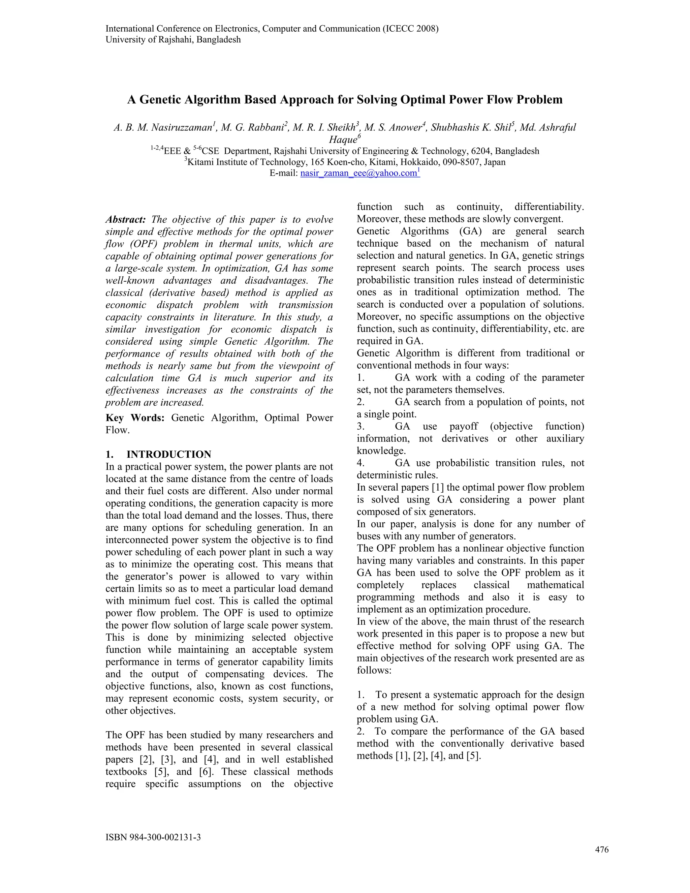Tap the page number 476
(602, 850)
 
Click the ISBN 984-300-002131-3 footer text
(153, 837)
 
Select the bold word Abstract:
(125, 220)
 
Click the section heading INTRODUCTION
(168, 454)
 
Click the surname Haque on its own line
(343, 140)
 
